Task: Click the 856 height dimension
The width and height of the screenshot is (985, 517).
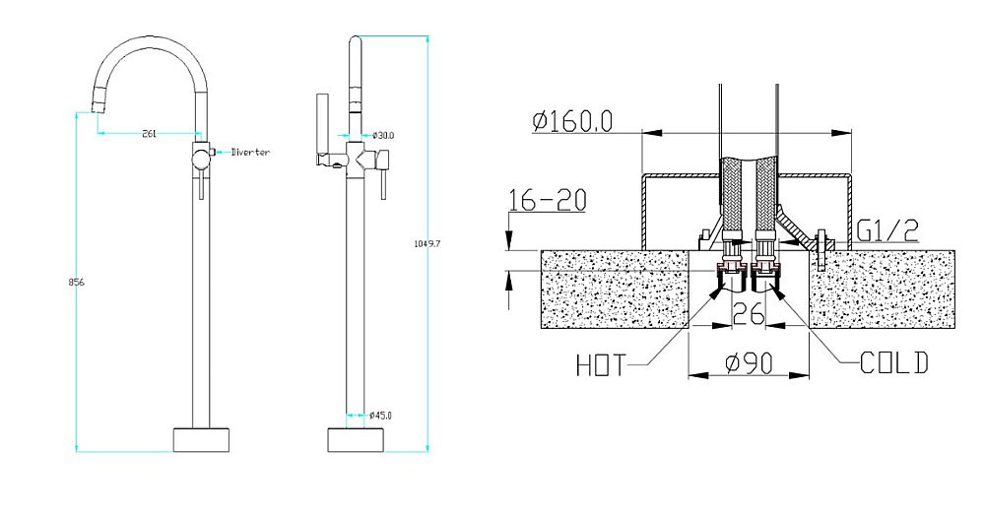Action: click(x=76, y=282)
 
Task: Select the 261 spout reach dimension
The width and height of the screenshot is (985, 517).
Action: click(x=150, y=133)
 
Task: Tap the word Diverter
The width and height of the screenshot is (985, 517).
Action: click(x=250, y=152)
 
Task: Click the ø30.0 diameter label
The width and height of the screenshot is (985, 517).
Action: click(x=382, y=135)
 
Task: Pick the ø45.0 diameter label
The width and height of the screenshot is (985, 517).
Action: click(x=380, y=416)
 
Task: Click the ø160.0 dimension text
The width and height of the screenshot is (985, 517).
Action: click(x=571, y=121)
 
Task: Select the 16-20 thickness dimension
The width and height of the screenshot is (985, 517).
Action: click(x=547, y=200)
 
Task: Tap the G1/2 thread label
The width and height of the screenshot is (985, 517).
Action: click(x=887, y=231)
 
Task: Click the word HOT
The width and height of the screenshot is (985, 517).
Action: click(x=601, y=365)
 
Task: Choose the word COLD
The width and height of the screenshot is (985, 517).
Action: click(x=894, y=363)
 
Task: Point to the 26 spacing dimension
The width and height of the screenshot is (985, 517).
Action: click(x=749, y=312)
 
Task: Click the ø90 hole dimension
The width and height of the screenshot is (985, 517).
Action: click(x=749, y=363)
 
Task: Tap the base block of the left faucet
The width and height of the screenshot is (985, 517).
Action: click(x=202, y=440)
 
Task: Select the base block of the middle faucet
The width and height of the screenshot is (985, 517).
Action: click(x=357, y=440)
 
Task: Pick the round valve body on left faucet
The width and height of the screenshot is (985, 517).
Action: click(x=201, y=160)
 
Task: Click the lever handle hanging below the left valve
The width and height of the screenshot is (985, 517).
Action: click(x=201, y=187)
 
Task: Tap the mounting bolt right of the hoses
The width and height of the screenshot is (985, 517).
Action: click(x=821, y=249)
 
